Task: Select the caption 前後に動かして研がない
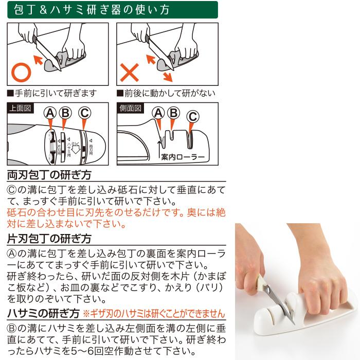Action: coord(166,94)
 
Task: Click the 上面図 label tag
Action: coord(20,109)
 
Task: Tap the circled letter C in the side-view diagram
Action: coord(192,117)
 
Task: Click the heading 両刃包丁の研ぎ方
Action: coord(49,175)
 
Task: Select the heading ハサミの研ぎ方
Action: coord(43,313)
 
